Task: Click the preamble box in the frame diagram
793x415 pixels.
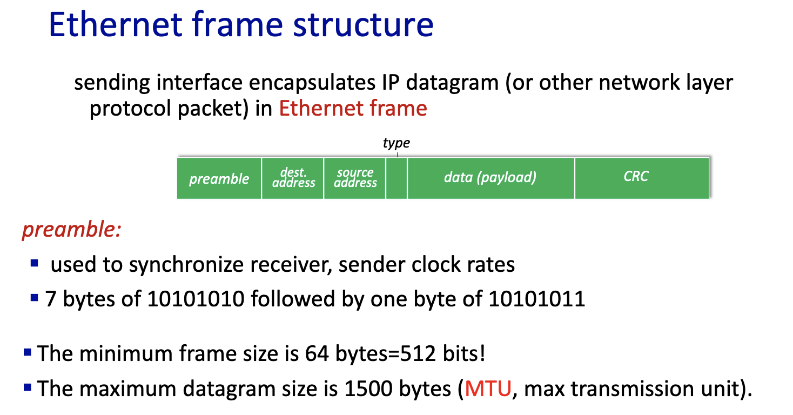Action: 219,178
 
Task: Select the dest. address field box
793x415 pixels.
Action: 293,178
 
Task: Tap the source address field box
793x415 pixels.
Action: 355,178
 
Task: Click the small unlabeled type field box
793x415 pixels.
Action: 396,178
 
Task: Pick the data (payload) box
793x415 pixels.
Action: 491,178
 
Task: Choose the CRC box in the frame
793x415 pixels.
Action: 642,178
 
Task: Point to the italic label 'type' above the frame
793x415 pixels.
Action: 396,143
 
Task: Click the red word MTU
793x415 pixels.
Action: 488,389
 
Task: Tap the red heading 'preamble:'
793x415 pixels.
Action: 71,230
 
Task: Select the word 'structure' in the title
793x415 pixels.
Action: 363,25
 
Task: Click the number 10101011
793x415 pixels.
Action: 537,299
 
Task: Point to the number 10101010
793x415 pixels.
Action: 196,299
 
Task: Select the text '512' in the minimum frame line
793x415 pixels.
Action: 418,353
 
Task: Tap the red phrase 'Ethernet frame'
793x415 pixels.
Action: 353,108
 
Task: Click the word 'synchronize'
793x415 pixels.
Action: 186,265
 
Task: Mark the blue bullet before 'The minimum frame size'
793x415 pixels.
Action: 27,353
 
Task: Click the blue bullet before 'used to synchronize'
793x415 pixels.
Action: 35,263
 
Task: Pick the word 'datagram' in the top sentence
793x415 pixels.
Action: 452,84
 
